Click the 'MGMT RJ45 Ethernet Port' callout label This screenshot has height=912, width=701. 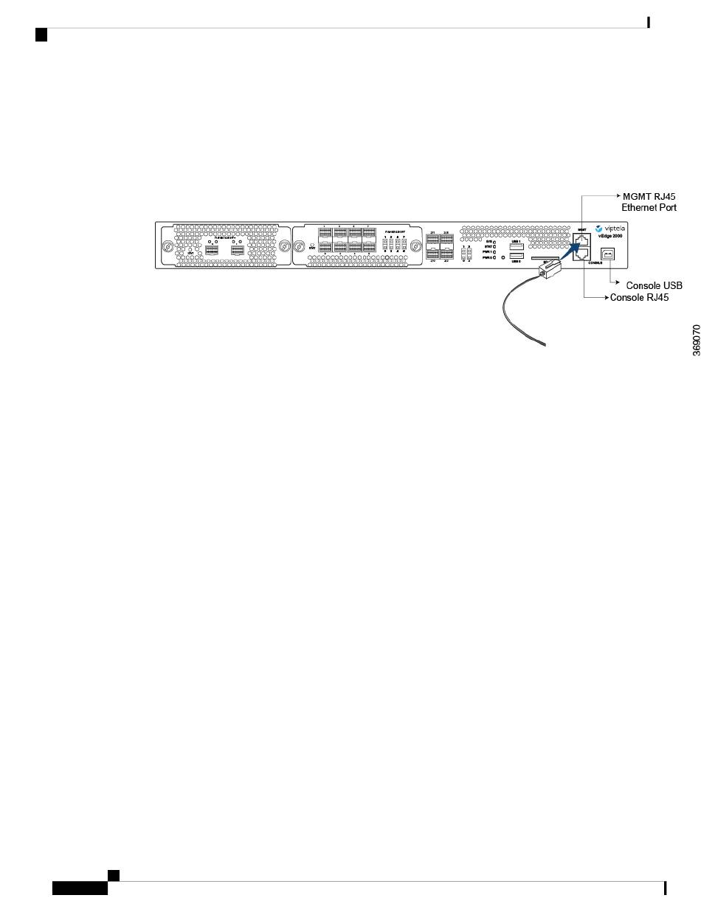click(x=649, y=202)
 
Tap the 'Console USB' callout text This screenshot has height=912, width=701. click(x=654, y=285)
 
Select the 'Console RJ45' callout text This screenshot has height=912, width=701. click(x=638, y=299)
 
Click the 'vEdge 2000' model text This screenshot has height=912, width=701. click(x=610, y=236)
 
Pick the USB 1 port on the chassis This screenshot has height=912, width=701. click(x=517, y=246)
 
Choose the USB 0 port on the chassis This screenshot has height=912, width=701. click(x=517, y=255)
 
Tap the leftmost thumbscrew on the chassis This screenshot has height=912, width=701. click(x=168, y=246)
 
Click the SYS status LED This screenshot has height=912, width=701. click(x=494, y=241)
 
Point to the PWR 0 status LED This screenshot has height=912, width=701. click(x=494, y=258)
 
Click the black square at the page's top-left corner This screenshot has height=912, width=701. click(x=41, y=34)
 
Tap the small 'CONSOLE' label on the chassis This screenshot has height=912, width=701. click(x=595, y=262)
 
